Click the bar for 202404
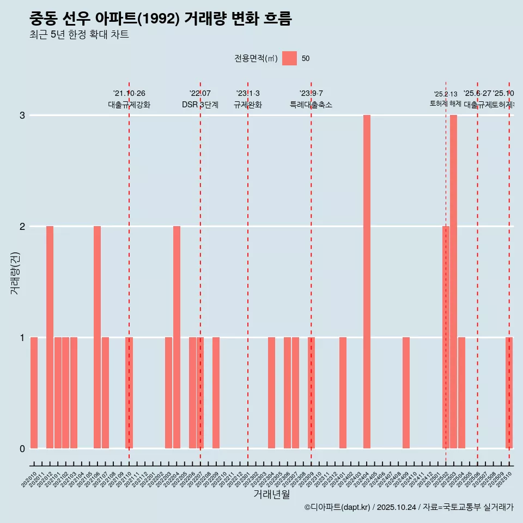coord(367,282)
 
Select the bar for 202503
coord(453,282)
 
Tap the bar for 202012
coord(50,337)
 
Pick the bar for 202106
coord(97,337)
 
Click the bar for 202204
coord(177,337)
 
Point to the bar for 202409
coord(406,393)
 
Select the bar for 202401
coord(343,393)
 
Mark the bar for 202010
coord(34,393)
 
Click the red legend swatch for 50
coord(289,58)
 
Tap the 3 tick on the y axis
coord(22,115)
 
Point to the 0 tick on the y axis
coord(22,448)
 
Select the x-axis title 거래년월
coord(271,494)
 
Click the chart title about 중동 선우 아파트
coord(161,19)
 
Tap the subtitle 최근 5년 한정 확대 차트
coord(79,35)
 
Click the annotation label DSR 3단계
coord(200,105)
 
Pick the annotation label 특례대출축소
coord(311,105)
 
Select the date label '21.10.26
coord(129,94)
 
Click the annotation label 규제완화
coord(248,105)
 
